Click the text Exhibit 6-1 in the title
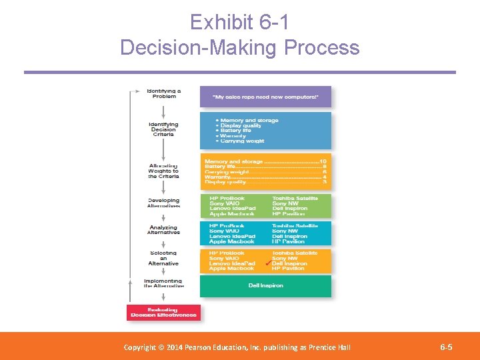pyautogui.click(x=239, y=23)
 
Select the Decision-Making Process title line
pyautogui.click(x=239, y=47)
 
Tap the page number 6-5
pyautogui.click(x=446, y=347)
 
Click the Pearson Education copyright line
pyautogui.click(x=237, y=347)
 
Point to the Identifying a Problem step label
pyautogui.click(x=163, y=93)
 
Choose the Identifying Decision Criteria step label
pyautogui.click(x=163, y=129)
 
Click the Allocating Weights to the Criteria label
pyautogui.click(x=163, y=171)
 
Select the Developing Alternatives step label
pyautogui.click(x=163, y=203)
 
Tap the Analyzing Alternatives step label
pyautogui.click(x=163, y=230)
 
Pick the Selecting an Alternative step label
pyautogui.click(x=163, y=258)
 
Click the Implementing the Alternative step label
pyautogui.click(x=163, y=283)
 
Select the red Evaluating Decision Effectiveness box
pyautogui.click(x=163, y=312)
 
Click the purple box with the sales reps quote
pyautogui.click(x=265, y=97)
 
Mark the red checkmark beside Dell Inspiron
pyautogui.click(x=267, y=264)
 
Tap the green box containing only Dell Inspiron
pyautogui.click(x=265, y=286)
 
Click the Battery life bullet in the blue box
pyautogui.click(x=236, y=131)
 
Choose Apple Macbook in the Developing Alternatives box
pyautogui.click(x=231, y=214)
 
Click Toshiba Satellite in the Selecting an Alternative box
pyautogui.click(x=295, y=253)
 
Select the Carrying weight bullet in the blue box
pyautogui.click(x=241, y=141)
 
